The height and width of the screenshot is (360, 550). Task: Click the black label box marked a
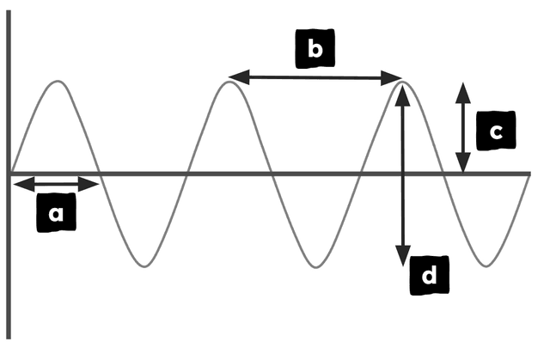(56, 212)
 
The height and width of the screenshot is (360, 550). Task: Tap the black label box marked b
(315, 48)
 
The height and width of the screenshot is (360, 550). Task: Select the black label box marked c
(496, 131)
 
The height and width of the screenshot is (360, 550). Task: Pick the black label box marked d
(430, 275)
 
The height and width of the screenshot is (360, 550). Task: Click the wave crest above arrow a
(58, 82)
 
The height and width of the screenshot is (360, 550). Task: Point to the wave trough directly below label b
(315, 267)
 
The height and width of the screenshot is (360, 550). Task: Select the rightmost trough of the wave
(486, 266)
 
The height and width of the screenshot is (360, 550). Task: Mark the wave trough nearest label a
(144, 266)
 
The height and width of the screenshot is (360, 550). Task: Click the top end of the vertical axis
(9, 10)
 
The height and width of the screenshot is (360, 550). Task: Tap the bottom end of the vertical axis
(9, 339)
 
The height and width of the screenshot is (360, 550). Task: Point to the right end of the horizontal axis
(531, 174)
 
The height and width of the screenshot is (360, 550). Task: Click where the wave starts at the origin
(11, 174)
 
